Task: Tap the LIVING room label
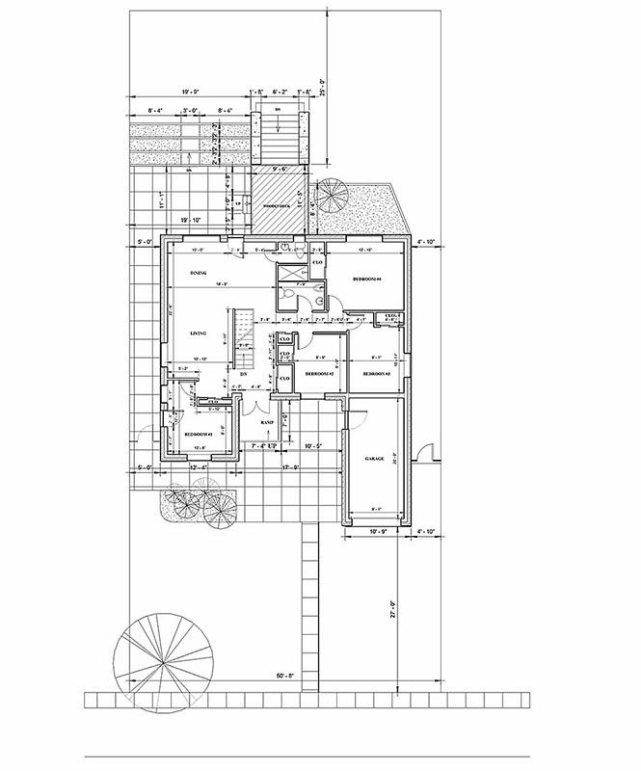pyautogui.click(x=199, y=333)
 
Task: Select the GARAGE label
pyautogui.click(x=374, y=459)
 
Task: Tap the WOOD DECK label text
pyautogui.click(x=280, y=205)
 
